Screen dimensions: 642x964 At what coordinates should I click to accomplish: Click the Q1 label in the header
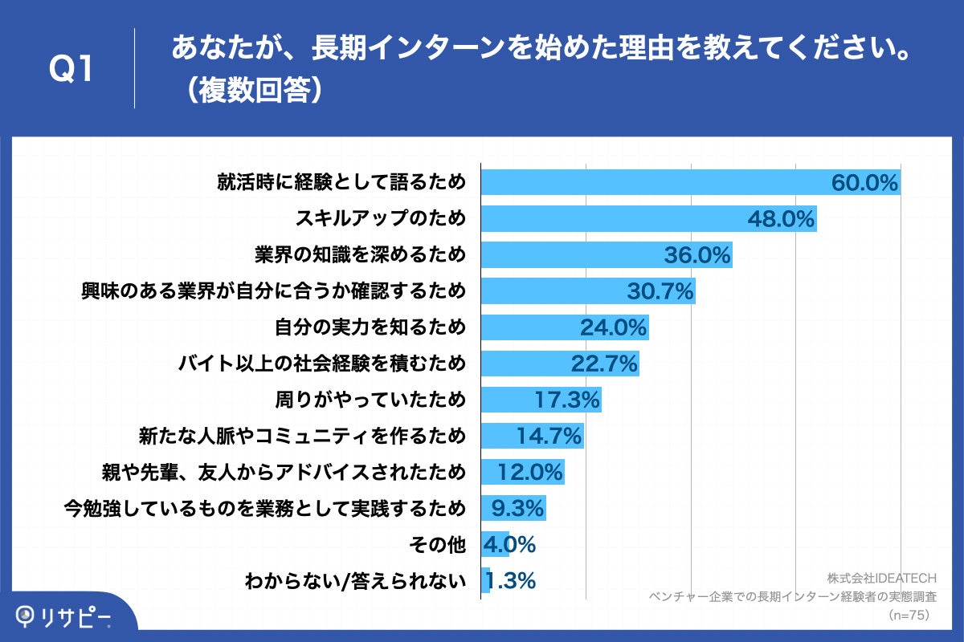click(72, 69)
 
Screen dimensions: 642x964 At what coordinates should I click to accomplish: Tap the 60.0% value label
click(864, 183)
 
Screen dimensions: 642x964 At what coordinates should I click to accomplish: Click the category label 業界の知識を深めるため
click(360, 255)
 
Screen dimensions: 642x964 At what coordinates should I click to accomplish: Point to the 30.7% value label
click(660, 291)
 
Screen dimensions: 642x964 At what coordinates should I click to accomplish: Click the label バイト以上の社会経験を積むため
click(322, 364)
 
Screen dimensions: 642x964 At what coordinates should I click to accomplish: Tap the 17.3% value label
click(567, 400)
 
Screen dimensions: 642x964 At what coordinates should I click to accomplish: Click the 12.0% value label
click(529, 472)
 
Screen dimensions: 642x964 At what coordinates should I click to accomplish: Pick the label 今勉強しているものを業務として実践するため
click(264, 508)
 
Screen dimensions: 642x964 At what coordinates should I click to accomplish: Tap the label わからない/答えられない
click(355, 580)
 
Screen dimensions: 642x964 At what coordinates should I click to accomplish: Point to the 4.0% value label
click(509, 544)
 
